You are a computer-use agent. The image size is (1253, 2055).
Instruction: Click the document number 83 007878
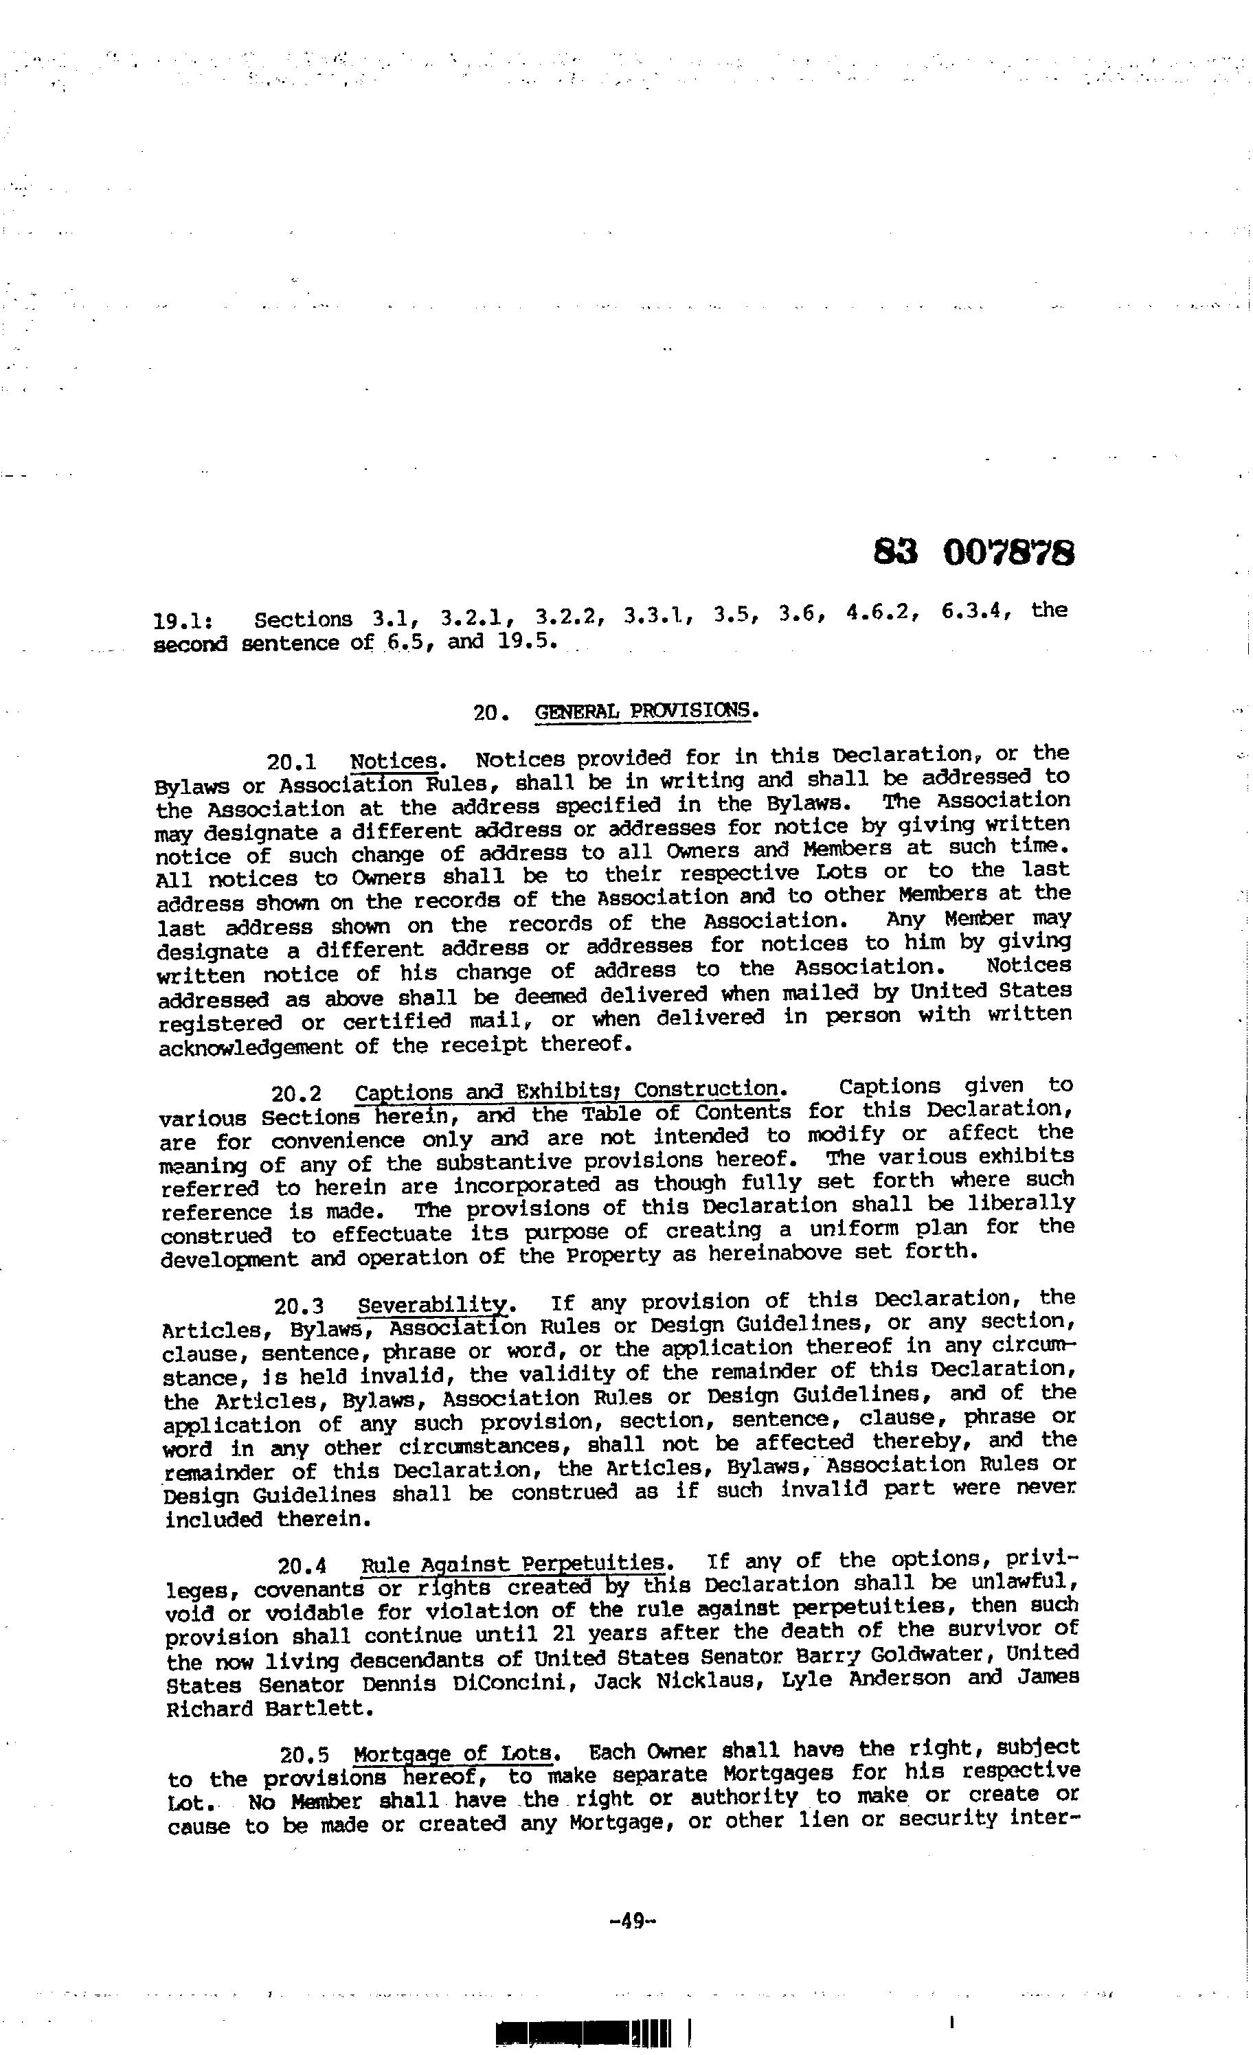(973, 552)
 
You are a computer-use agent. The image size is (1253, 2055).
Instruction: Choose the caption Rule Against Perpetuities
(515, 1562)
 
